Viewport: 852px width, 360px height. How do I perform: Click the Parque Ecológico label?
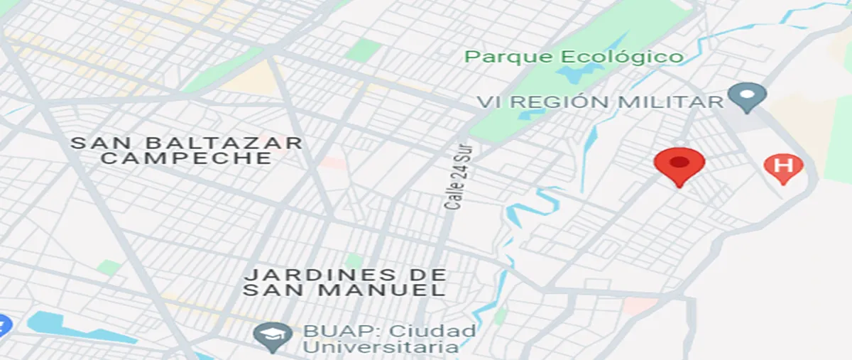(x=574, y=57)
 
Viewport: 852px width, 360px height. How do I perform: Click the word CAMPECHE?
(x=186, y=158)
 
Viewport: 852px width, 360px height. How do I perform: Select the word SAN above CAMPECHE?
(x=95, y=143)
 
